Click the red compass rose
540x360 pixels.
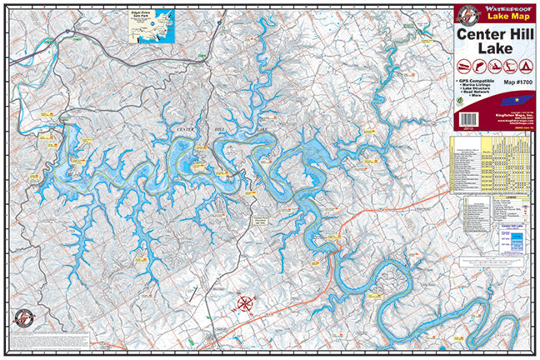click(247, 303)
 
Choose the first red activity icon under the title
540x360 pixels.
click(464, 66)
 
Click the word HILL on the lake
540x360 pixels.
click(222, 131)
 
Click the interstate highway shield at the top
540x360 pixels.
click(219, 26)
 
